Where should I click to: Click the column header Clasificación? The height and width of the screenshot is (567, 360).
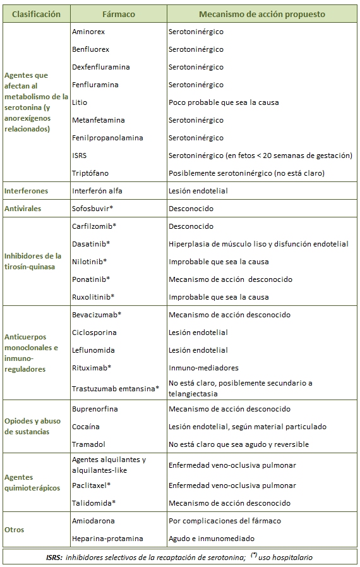[36, 13]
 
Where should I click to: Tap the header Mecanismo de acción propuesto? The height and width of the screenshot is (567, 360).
[262, 13]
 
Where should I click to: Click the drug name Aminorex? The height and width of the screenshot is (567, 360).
[89, 31]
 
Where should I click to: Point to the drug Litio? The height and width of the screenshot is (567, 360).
[80, 102]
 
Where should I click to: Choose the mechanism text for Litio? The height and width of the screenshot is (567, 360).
[224, 102]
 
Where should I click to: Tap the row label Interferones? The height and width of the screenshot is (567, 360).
[26, 190]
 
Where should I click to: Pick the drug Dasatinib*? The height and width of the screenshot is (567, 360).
[91, 243]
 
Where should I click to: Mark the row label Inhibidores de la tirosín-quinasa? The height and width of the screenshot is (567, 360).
[33, 261]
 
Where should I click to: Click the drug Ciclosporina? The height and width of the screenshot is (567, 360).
[94, 332]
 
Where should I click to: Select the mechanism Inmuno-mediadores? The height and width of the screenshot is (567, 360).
[203, 367]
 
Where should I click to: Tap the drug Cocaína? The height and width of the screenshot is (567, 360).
[86, 427]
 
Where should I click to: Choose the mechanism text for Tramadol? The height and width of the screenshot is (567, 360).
[239, 444]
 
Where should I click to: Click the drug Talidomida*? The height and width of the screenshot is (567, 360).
[93, 503]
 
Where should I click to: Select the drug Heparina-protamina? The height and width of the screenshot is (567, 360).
[107, 538]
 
